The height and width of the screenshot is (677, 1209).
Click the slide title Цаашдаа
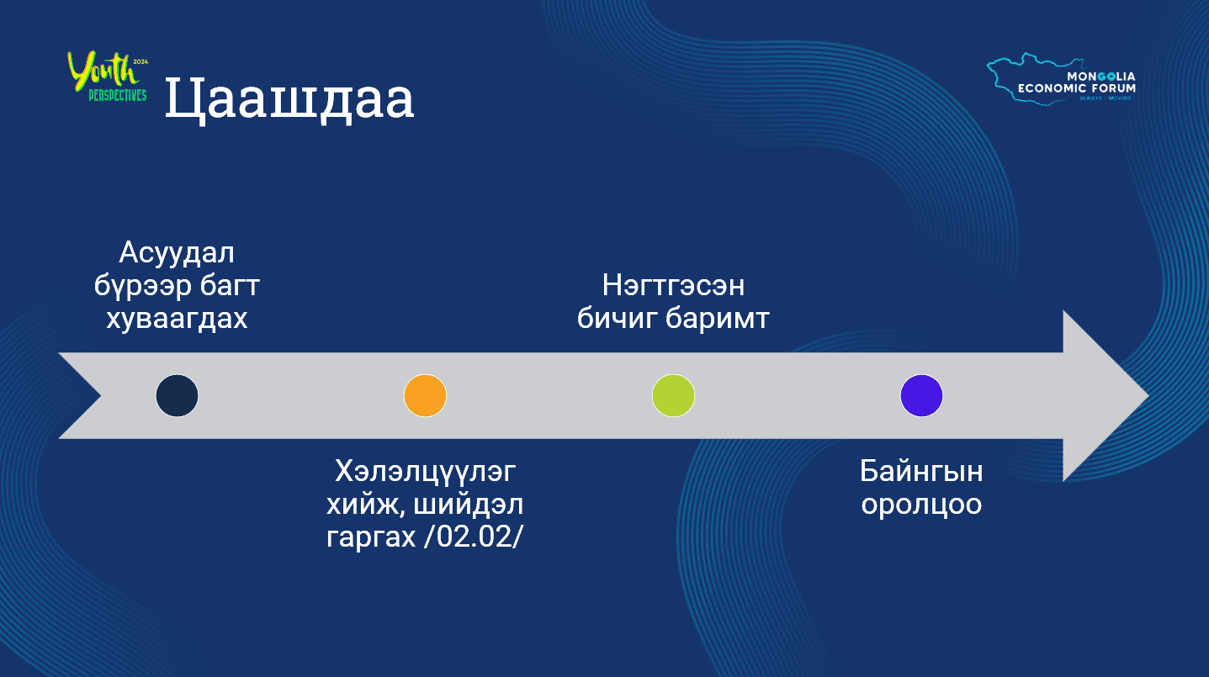point(289,99)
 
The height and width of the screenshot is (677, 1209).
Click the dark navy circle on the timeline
point(177,395)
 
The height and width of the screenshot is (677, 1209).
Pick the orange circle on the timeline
point(425,395)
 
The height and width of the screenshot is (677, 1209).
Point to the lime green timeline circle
point(673,395)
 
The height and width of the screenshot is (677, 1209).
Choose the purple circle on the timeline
point(921,395)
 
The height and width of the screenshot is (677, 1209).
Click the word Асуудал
point(177,252)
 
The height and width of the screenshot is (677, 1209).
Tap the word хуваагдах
point(177,320)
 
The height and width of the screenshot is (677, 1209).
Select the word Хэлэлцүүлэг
point(424,471)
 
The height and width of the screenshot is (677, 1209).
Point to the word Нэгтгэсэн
point(673,286)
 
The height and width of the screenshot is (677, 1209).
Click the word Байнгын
point(921,471)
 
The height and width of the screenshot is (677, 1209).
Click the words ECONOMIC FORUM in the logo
point(1076,87)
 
